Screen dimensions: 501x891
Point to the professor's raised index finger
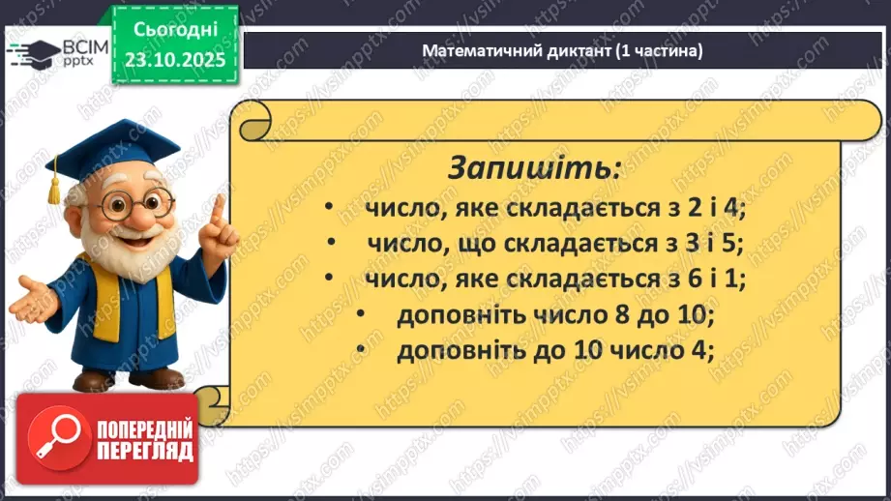[217, 209]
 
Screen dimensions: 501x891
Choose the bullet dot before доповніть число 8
[362, 315]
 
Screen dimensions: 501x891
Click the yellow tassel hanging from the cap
[55, 186]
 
